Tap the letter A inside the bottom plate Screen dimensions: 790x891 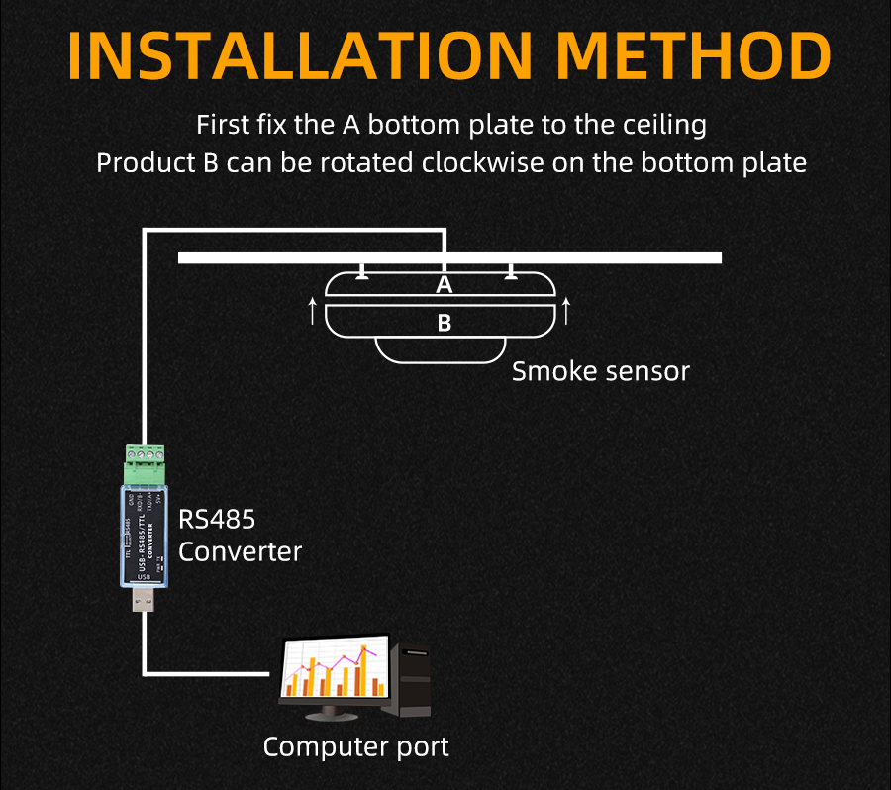445,286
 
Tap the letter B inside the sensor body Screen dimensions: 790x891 445,323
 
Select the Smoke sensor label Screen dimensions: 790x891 600,371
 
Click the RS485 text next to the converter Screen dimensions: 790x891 217,520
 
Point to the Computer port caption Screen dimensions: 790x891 355,746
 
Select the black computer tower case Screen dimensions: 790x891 410,680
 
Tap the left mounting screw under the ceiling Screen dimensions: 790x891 364,271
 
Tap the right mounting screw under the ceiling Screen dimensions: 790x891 511,271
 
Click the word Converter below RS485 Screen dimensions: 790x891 240,551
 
